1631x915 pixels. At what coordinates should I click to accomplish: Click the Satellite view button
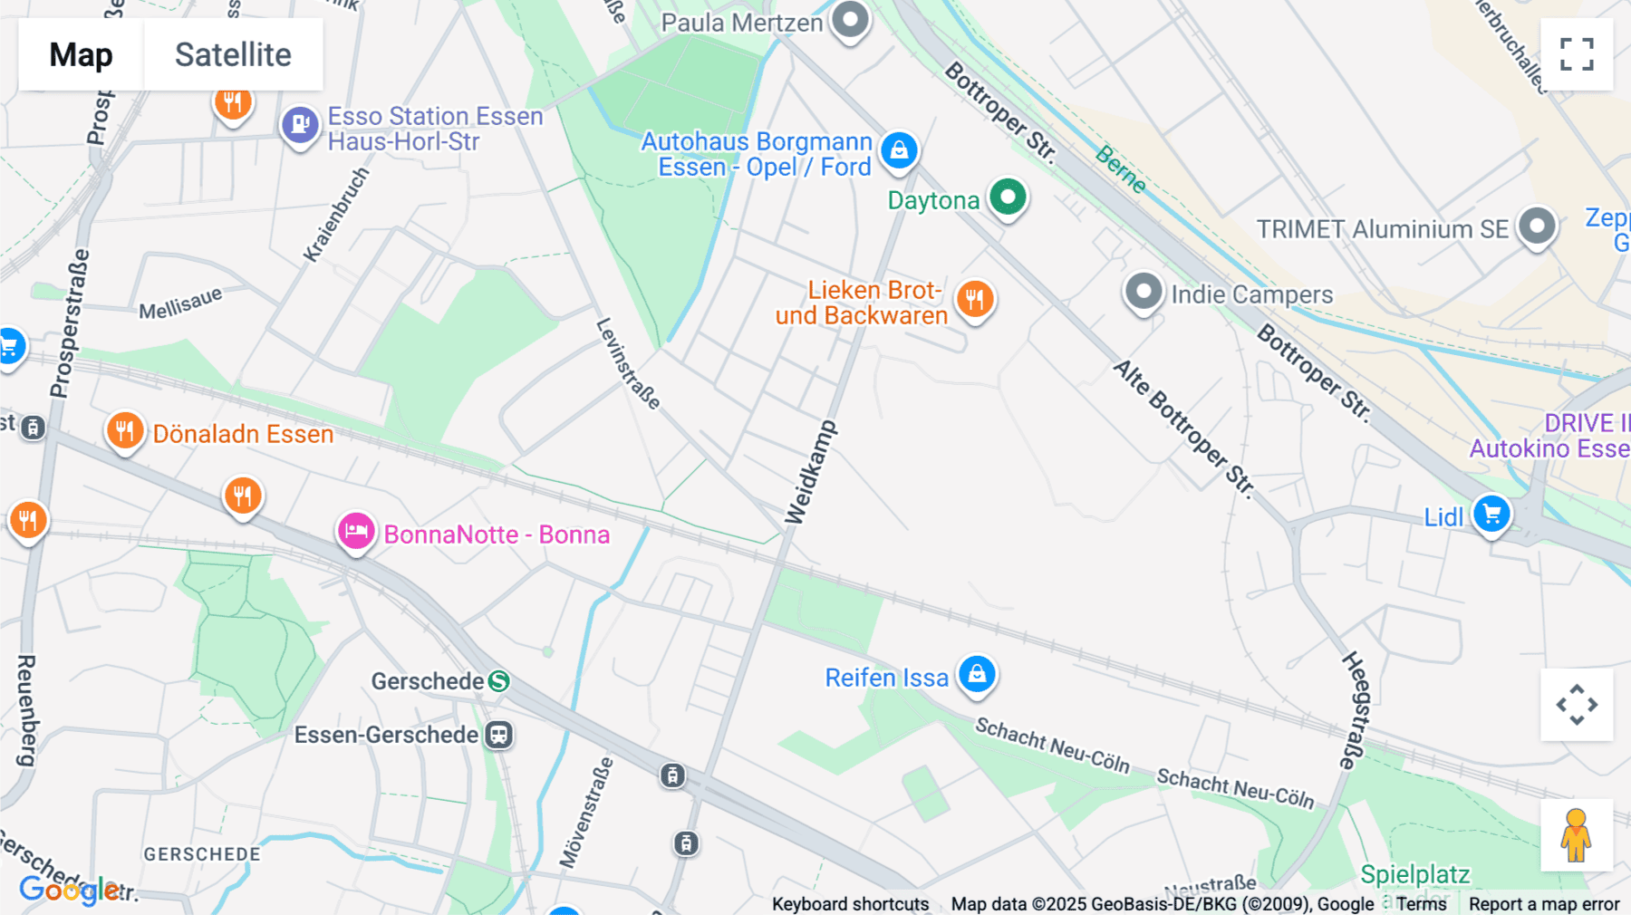point(233,54)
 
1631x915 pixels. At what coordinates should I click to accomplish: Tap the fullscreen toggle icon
point(1577,54)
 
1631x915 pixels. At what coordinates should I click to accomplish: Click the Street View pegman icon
point(1576,835)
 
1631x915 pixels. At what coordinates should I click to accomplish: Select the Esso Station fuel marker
point(300,125)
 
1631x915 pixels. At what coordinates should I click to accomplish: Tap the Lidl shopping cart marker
point(1491,514)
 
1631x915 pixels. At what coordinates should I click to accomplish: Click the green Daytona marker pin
point(1008,197)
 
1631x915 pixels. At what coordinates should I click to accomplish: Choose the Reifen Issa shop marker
point(977,674)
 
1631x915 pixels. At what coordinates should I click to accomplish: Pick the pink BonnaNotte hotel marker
point(356,532)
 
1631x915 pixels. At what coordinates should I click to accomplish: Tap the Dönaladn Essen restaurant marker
point(124,431)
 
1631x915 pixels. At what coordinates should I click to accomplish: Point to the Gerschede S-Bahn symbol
point(498,681)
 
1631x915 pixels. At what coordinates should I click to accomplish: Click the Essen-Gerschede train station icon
point(498,735)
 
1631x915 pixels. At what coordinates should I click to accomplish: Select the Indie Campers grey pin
point(1144,292)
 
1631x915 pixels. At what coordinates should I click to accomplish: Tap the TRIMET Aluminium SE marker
point(1537,226)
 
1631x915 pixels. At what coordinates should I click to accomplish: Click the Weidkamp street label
point(810,472)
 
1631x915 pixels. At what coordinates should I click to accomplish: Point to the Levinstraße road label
point(628,363)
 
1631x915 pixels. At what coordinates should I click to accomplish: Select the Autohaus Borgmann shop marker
point(899,150)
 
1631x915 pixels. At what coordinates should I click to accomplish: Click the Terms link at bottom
point(1421,903)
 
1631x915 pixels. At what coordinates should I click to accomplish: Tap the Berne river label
point(1120,169)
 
